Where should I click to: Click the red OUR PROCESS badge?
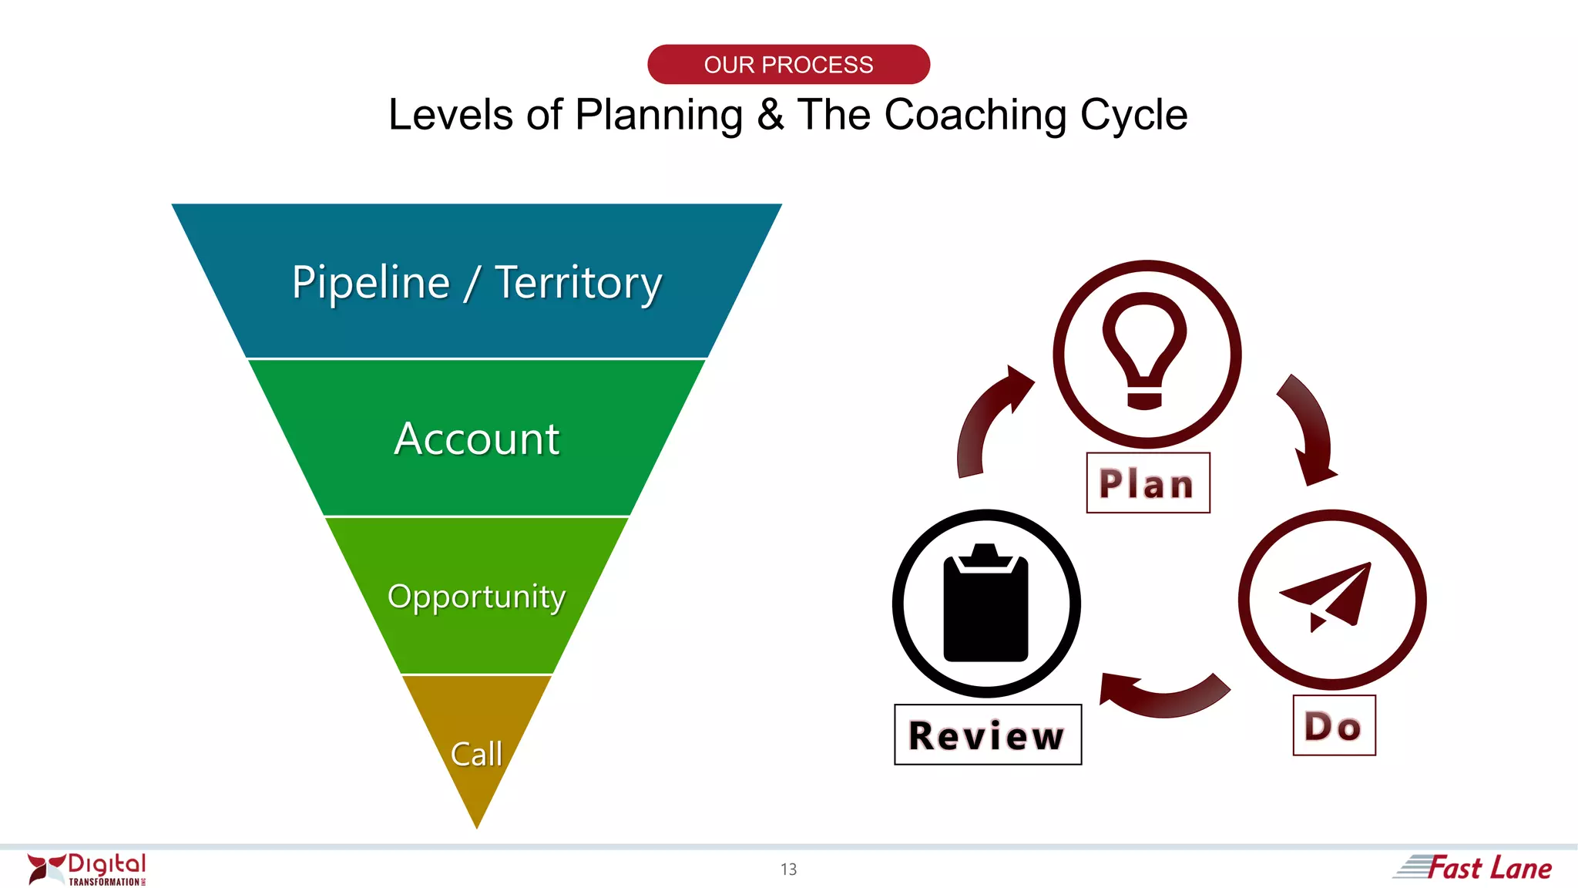click(x=788, y=65)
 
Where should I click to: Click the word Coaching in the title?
click(x=975, y=116)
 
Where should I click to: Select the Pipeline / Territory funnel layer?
click(x=476, y=282)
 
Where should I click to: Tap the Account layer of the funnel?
click(x=476, y=439)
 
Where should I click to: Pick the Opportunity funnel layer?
click(x=476, y=596)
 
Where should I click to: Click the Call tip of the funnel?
click(x=476, y=753)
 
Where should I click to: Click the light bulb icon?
click(x=1145, y=351)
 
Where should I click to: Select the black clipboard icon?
click(x=985, y=603)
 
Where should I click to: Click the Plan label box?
click(x=1147, y=483)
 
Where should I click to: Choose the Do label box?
click(x=1334, y=725)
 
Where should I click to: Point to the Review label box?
click(x=987, y=735)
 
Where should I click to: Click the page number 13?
click(x=788, y=869)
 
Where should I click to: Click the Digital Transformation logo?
click(x=86, y=869)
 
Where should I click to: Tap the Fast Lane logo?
click(x=1473, y=868)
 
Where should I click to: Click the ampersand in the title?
click(x=770, y=116)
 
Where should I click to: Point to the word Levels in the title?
click(x=450, y=116)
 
